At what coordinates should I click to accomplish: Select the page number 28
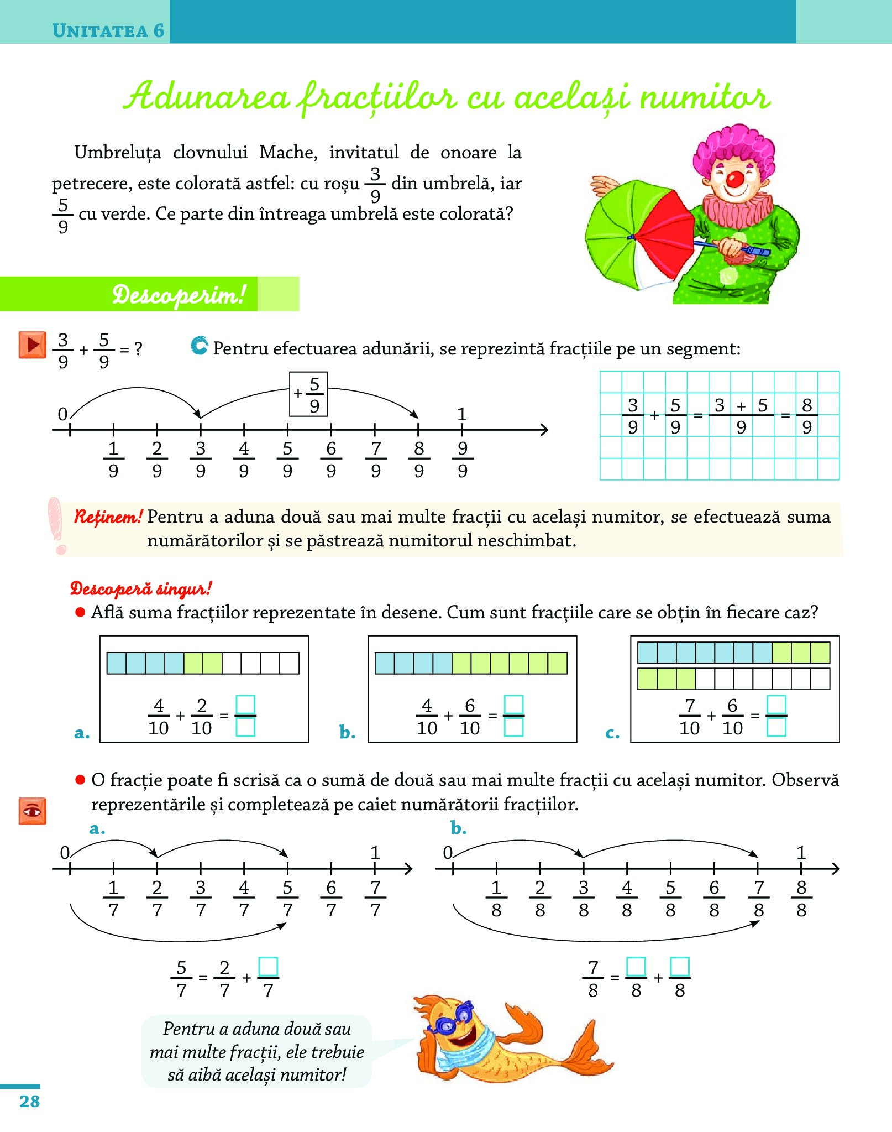point(29,1101)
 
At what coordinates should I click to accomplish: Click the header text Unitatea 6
point(108,30)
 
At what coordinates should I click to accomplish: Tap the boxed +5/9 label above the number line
point(309,394)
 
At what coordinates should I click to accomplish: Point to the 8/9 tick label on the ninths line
point(419,459)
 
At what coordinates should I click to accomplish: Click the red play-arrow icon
point(32,345)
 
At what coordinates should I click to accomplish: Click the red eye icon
point(32,811)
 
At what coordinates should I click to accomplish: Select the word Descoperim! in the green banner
point(178,295)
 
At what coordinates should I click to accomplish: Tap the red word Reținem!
point(108,517)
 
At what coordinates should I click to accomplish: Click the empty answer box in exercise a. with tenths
point(245,716)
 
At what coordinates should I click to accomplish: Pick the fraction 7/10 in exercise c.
point(689,717)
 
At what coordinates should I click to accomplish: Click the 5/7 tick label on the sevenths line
point(287,899)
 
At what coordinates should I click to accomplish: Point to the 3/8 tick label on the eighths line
point(584,899)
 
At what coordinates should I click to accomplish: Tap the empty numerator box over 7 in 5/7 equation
point(268,967)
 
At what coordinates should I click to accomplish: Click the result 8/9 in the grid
point(806,416)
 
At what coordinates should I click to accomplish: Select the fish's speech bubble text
point(257,1052)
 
